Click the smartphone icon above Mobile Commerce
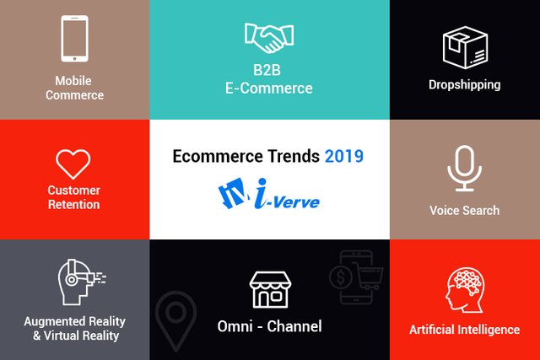pyautogui.click(x=74, y=39)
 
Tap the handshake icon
pyautogui.click(x=269, y=38)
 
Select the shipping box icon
pyautogui.click(x=465, y=47)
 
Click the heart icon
pyautogui.click(x=73, y=164)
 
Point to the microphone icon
pyautogui.click(x=465, y=169)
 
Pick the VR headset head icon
pyautogui.click(x=81, y=282)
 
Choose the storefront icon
pyautogui.click(x=270, y=289)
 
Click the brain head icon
pyautogui.click(x=465, y=290)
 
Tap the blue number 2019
pyautogui.click(x=344, y=156)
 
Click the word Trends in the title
pyautogui.click(x=294, y=156)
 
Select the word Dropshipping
pyautogui.click(x=465, y=85)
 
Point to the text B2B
pyautogui.click(x=267, y=70)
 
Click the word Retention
pyautogui.click(x=73, y=204)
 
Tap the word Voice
pyautogui.click(x=445, y=210)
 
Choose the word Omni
pyautogui.click(x=235, y=326)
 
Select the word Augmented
pyautogui.click(x=55, y=322)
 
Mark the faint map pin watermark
pyautogui.click(x=176, y=320)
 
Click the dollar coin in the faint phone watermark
pyautogui.click(x=340, y=277)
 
